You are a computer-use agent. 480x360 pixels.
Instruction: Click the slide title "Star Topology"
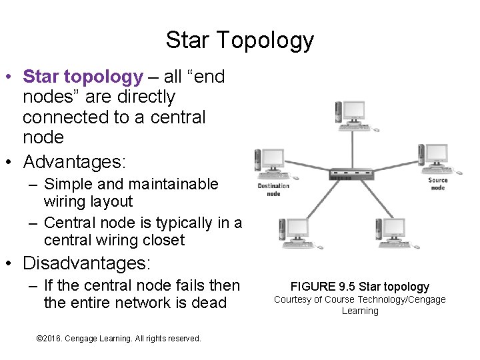pyautogui.click(x=239, y=40)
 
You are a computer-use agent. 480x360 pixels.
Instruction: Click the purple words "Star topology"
pyautogui.click(x=83, y=77)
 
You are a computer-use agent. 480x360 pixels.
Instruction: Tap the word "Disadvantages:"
pyautogui.click(x=87, y=263)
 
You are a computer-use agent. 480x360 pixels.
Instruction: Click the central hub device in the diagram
pyautogui.click(x=351, y=175)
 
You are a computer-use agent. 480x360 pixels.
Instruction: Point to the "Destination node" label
pyautogui.click(x=273, y=189)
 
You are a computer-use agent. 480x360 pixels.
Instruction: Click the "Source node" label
pyautogui.click(x=438, y=183)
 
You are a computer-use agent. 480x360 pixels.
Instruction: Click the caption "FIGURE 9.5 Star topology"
pyautogui.click(x=360, y=287)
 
